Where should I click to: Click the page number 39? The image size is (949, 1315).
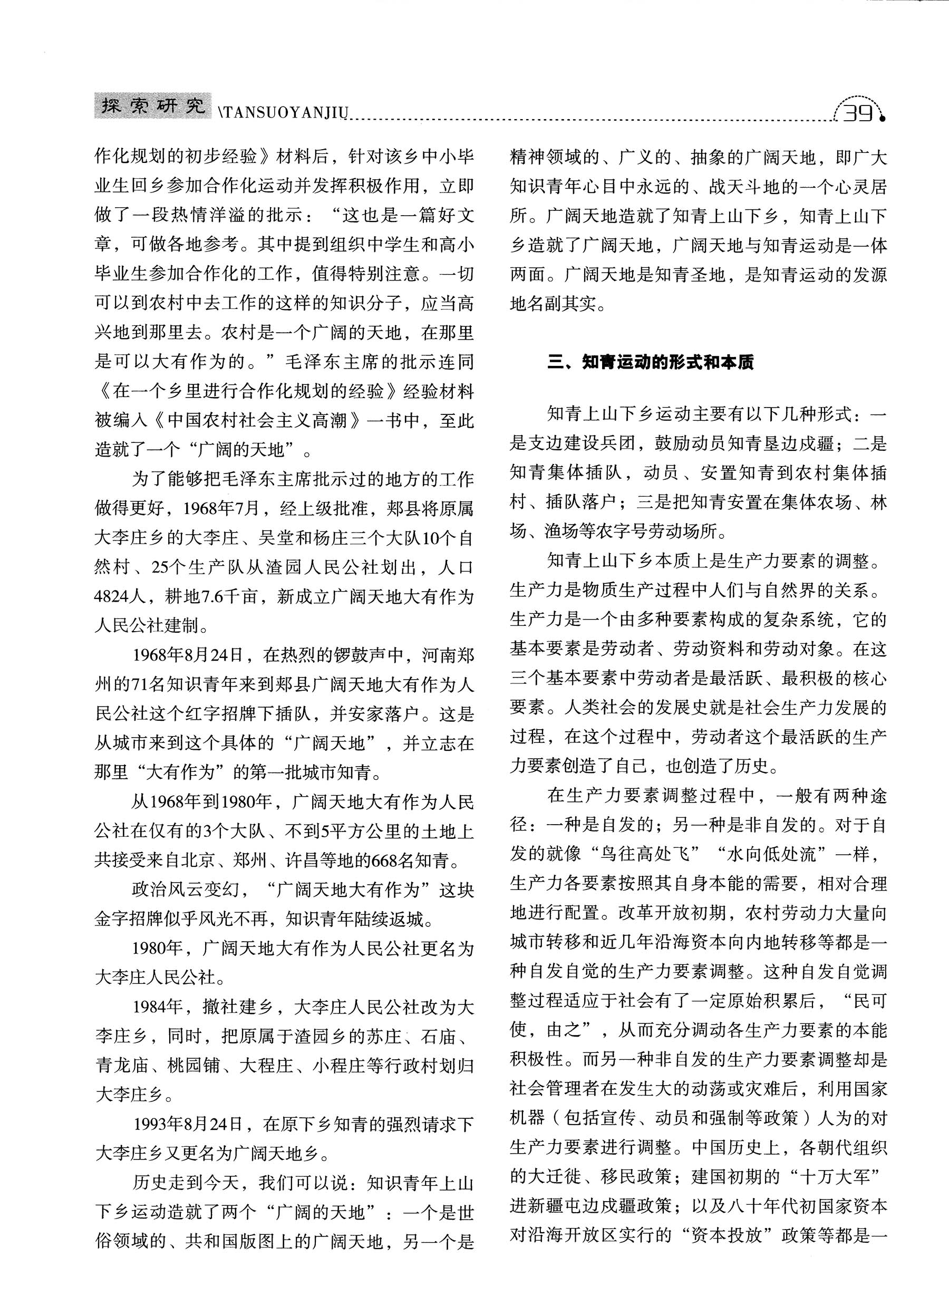click(x=857, y=112)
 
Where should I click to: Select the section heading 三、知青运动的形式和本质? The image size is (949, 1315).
click(x=651, y=363)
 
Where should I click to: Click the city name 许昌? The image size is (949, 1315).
click(x=303, y=860)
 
